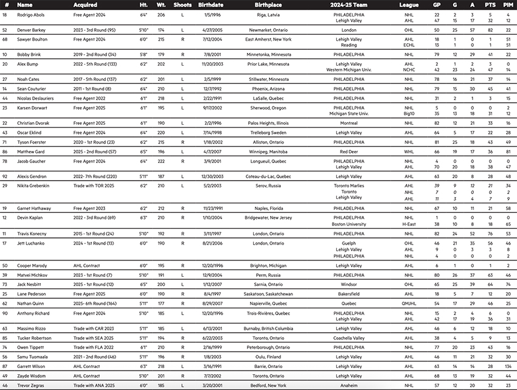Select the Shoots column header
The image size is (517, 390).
[x=182, y=4]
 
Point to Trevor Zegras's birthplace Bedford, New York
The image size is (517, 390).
[x=268, y=386]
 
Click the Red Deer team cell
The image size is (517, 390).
[x=349, y=151]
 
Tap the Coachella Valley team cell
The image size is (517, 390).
[x=349, y=336]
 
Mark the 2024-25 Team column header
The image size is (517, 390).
[x=349, y=4]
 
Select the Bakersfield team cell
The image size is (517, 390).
[x=349, y=293]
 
